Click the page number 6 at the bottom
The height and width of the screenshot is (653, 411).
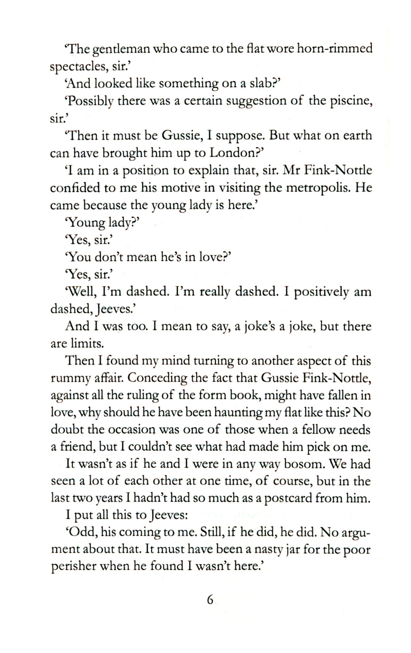(210, 600)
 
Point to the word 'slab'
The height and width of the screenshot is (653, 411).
(257, 84)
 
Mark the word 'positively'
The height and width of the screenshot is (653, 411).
(321, 292)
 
